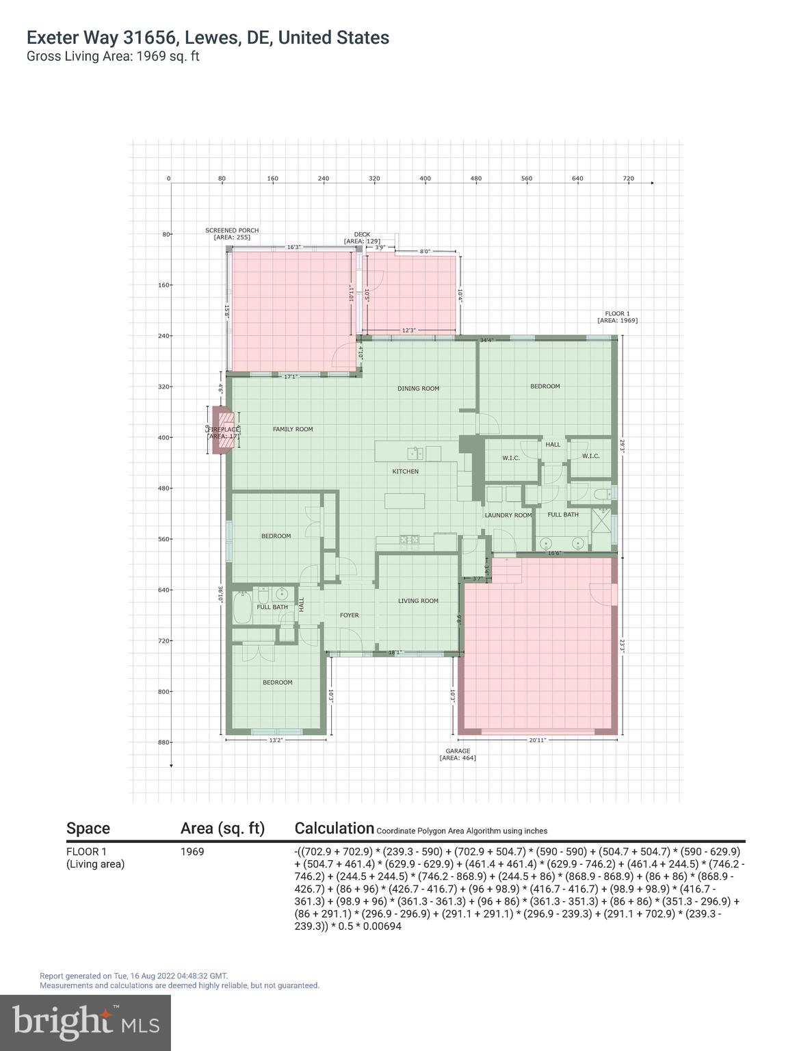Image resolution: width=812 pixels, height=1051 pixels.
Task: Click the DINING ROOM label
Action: coord(418,389)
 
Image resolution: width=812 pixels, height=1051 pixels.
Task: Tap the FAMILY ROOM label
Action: coord(293,430)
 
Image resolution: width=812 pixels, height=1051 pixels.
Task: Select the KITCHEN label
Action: coord(405,471)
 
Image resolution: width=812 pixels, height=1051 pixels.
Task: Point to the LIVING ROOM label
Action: coord(418,601)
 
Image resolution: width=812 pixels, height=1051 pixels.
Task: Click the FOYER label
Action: coord(349,615)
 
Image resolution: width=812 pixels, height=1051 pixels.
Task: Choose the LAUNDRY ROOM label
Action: coord(508,515)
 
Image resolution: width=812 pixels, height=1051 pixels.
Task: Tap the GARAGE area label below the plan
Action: coord(458,754)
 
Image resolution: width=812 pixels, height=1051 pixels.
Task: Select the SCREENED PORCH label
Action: coord(232,233)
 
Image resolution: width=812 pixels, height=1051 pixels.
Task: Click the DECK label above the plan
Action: coord(362,237)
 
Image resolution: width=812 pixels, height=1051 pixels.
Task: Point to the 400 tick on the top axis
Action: coord(425,179)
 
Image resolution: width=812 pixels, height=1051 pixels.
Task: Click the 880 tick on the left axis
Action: coord(163,742)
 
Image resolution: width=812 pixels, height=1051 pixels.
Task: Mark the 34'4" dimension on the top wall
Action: coord(486,340)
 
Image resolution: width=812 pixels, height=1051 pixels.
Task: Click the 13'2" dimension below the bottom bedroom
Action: coord(276,740)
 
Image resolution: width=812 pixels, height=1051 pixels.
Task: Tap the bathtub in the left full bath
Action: coord(242,608)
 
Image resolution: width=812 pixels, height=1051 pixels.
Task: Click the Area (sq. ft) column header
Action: coord(222,829)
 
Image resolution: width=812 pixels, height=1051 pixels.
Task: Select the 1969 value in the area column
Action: coord(192,852)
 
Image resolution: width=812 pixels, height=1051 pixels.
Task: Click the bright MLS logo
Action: coord(86,1023)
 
